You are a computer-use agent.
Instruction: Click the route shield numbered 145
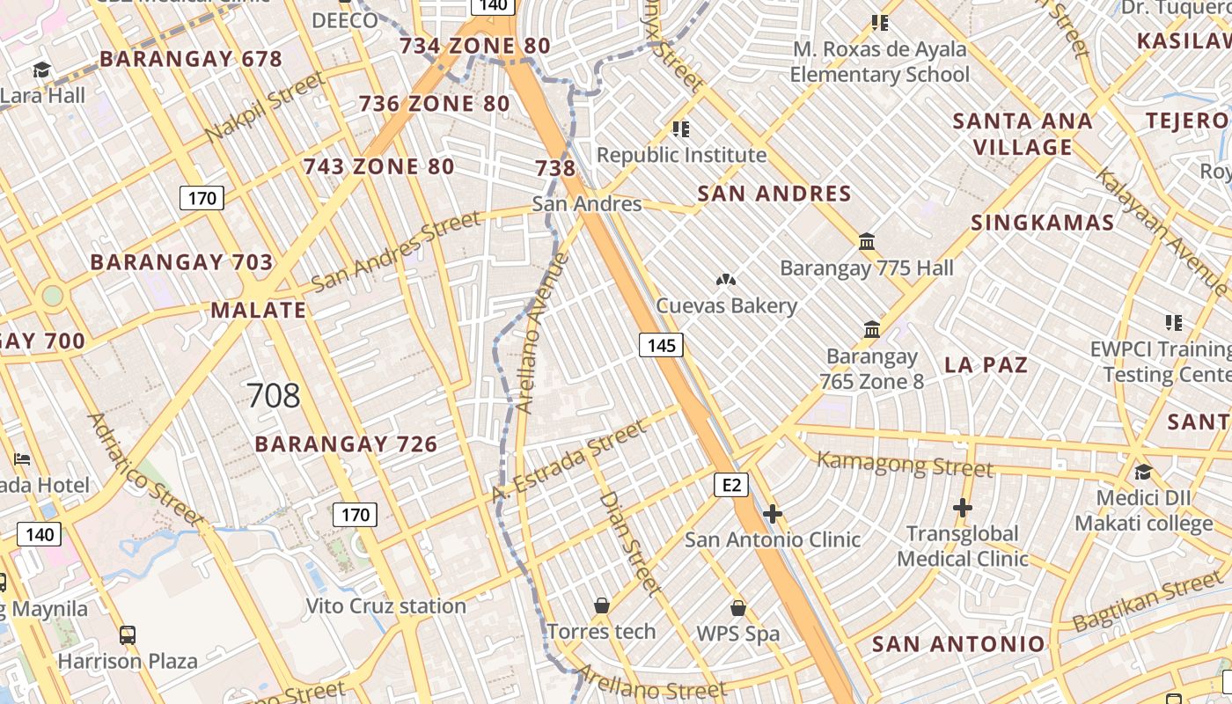click(661, 346)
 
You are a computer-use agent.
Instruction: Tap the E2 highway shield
click(731, 485)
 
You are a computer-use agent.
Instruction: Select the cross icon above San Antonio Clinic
click(773, 514)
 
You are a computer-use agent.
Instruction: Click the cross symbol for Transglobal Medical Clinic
click(963, 508)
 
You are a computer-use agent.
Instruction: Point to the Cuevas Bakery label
click(727, 306)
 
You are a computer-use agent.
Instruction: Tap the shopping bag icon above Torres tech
click(602, 605)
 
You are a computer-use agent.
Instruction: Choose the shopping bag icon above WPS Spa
click(738, 608)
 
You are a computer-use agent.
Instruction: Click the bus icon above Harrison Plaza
click(128, 634)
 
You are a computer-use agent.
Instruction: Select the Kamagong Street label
click(905, 463)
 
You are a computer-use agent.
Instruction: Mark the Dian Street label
click(630, 543)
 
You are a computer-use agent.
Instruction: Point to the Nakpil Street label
click(265, 108)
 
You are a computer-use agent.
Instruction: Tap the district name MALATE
click(259, 311)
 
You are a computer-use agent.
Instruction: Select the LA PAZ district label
click(986, 364)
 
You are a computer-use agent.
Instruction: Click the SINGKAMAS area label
click(1043, 223)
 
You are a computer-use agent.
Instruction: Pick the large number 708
click(274, 396)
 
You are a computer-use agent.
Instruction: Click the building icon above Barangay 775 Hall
click(867, 241)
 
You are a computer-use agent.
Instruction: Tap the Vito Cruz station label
click(385, 606)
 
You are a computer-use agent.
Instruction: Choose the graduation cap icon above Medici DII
click(1143, 473)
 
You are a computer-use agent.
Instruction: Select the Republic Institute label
click(681, 156)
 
